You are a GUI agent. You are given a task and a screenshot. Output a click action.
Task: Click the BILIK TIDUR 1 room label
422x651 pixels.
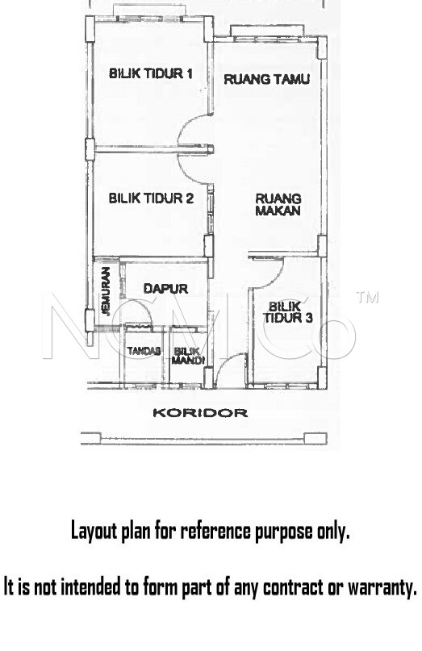[150, 73]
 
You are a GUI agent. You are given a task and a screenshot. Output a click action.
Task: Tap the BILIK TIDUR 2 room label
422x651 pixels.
[151, 198]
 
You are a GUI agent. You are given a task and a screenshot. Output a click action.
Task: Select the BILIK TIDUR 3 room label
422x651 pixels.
[287, 312]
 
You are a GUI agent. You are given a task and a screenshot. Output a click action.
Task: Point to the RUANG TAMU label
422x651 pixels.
[266, 79]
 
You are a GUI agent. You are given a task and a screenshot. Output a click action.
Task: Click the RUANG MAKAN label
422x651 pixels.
[278, 204]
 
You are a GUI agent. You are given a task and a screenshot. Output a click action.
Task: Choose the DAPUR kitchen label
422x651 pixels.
[165, 288]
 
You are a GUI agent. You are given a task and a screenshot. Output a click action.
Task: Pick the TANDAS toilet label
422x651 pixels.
[144, 351]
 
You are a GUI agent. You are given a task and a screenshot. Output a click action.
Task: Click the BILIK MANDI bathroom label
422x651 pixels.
[188, 357]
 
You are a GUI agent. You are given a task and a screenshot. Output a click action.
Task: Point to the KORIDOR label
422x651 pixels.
[200, 413]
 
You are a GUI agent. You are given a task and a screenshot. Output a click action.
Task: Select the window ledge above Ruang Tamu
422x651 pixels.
[267, 31]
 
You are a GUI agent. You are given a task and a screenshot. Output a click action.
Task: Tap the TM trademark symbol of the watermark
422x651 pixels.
[367, 297]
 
